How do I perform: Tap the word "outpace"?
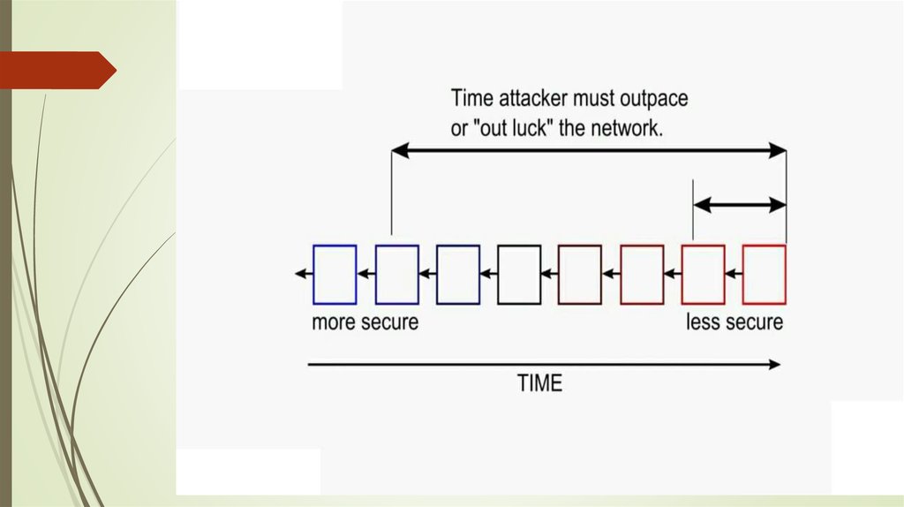click(x=654, y=99)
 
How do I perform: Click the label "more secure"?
click(x=365, y=322)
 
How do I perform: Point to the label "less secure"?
click(x=734, y=322)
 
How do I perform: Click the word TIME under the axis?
click(x=539, y=383)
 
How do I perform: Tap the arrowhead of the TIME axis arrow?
click(x=774, y=365)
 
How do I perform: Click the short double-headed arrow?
click(x=740, y=204)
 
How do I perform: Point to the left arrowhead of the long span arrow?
click(x=400, y=150)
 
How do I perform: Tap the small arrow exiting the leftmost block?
click(x=304, y=274)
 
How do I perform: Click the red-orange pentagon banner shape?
click(x=57, y=71)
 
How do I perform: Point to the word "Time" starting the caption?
click(x=471, y=98)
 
